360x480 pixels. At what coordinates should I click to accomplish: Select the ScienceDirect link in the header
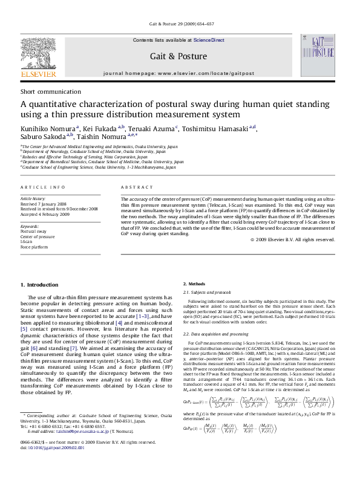(x=209, y=40)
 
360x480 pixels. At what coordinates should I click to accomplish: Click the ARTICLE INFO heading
(x=43, y=188)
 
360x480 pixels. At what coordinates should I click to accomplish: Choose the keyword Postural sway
(x=33, y=232)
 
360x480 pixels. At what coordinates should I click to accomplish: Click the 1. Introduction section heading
(x=39, y=284)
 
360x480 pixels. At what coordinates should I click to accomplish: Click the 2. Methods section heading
(x=194, y=284)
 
